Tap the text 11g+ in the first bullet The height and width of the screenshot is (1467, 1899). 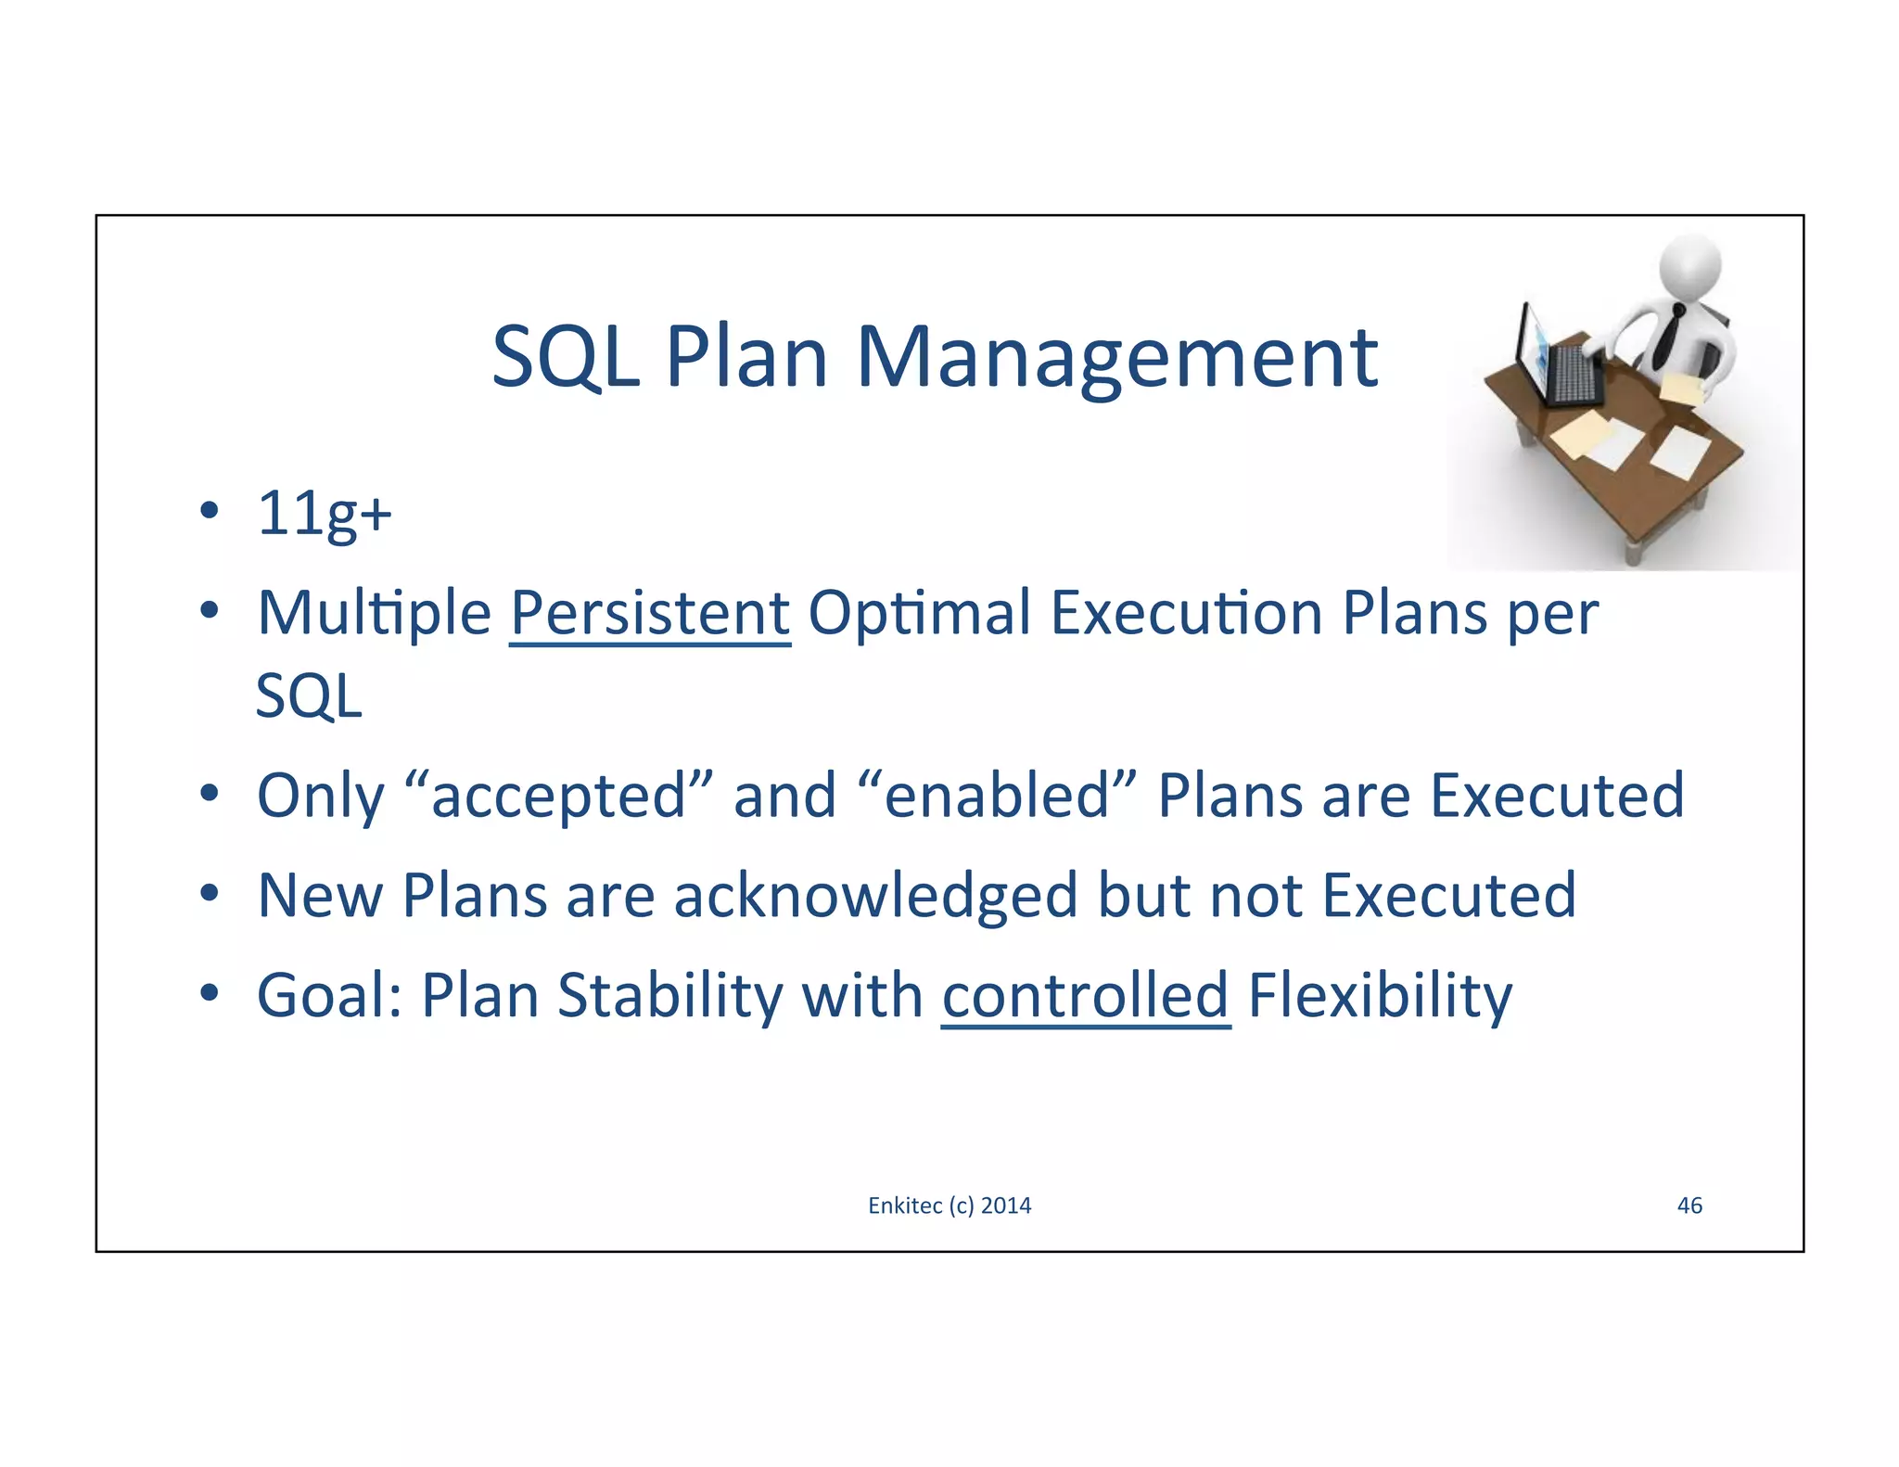coord(325,513)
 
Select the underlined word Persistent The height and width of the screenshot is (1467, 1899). coord(650,613)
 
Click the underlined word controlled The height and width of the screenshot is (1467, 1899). coord(1086,995)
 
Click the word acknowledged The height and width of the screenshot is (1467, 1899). coord(875,896)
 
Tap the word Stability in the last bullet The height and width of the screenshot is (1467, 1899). coord(669,995)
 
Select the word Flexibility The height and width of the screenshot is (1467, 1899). coord(1379,995)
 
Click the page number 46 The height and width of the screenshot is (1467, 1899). coord(1689,1205)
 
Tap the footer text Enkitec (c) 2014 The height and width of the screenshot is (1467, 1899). coord(949,1205)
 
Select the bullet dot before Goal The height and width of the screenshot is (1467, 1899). coord(210,994)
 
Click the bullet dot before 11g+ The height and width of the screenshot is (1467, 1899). coord(210,511)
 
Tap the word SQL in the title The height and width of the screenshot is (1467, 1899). coord(566,358)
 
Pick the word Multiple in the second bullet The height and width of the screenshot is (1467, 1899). coord(374,613)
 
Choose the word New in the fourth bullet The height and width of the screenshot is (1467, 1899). coord(319,896)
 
